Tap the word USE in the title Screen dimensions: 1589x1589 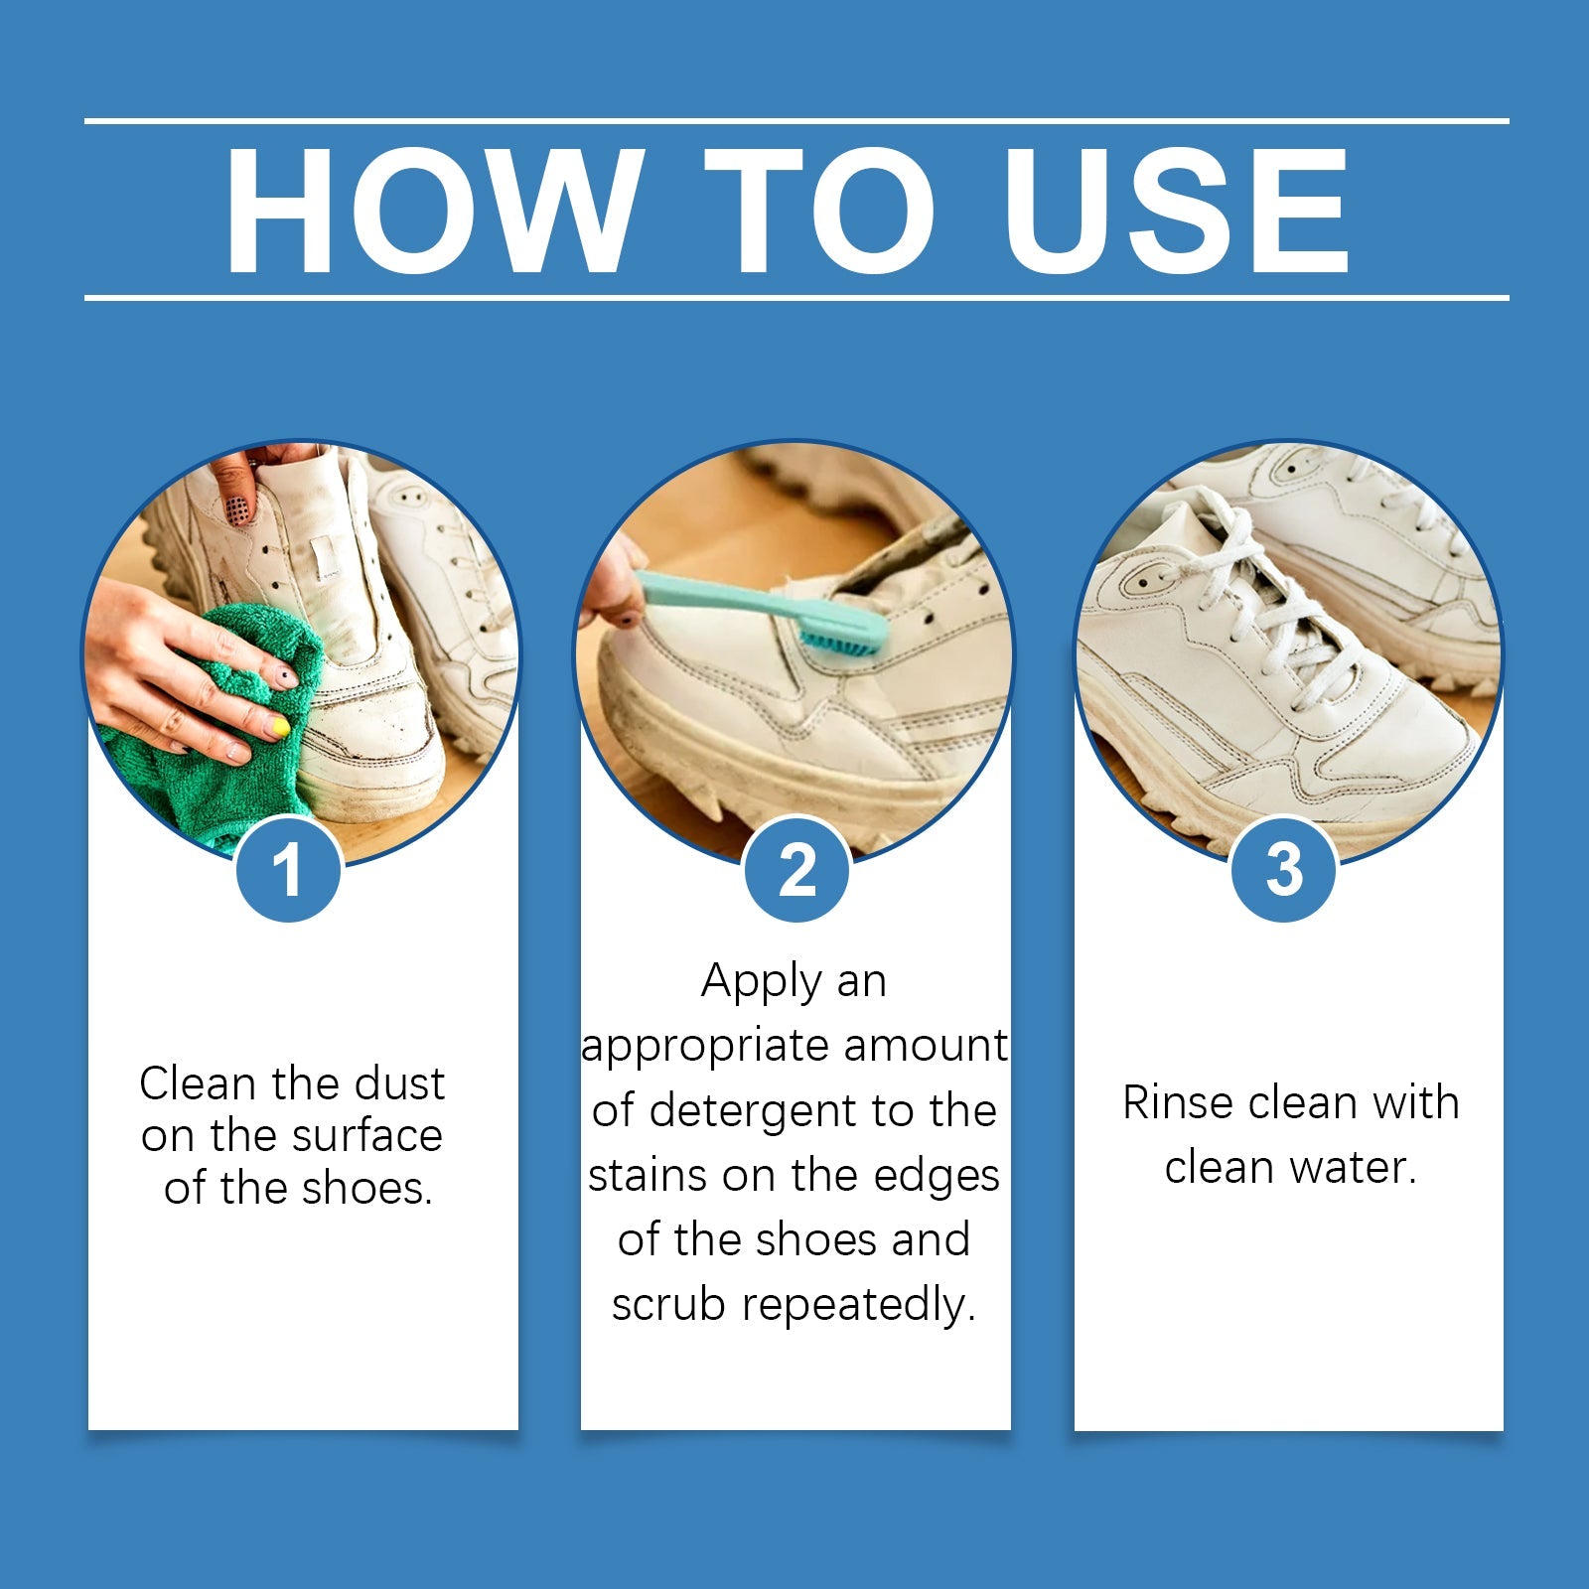(1176, 211)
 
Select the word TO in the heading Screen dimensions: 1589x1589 (820, 211)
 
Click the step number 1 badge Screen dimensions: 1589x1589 (288, 870)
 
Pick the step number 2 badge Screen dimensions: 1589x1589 (796, 870)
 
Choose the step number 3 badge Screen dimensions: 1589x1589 (1284, 870)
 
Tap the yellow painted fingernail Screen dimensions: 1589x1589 (281, 728)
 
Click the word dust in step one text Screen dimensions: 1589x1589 (399, 1083)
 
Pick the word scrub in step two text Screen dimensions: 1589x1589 (668, 1304)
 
